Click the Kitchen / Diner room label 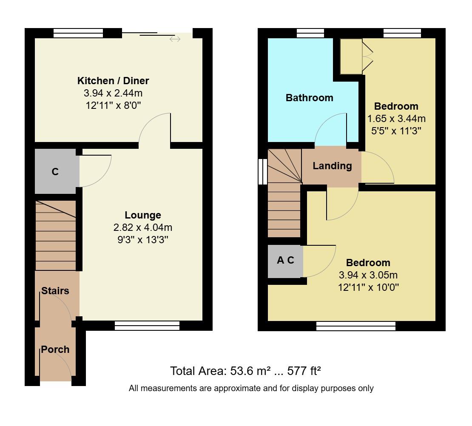pos(113,80)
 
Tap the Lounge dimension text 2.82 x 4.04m pos(142,227)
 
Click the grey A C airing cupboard pos(285,261)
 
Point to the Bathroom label pos(309,98)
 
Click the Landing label pos(332,166)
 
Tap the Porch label pos(55,349)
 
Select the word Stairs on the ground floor pos(55,291)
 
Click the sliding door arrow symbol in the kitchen pos(175,39)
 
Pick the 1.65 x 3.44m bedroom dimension pos(396,119)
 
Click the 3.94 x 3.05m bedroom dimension pos(368,275)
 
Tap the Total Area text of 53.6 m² pos(245,371)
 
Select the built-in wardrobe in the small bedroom pos(351,56)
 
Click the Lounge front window pos(147,326)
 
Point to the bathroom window pos(310,33)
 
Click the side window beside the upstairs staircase pos(263,172)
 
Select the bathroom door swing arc pos(330,128)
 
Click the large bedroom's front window pos(356,326)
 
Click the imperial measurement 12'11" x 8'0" pos(113,104)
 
